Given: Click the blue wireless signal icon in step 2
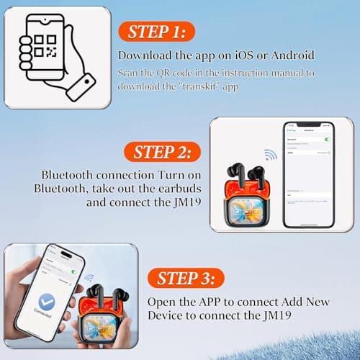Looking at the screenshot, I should click(x=270, y=155).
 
